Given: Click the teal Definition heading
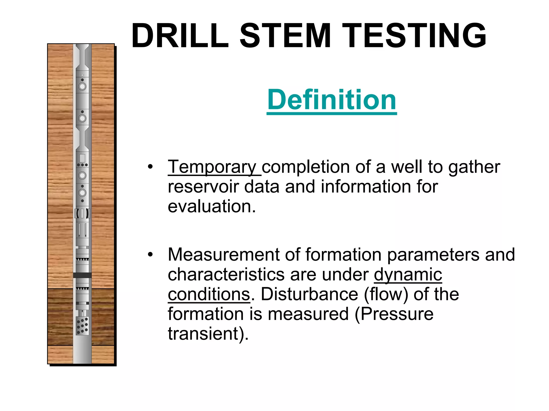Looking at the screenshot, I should (x=332, y=100).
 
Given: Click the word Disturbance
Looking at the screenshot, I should (x=309, y=294).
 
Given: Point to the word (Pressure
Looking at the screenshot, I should (x=394, y=314).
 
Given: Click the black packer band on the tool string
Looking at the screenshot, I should (x=82, y=275).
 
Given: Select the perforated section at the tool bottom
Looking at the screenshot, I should (x=82, y=326).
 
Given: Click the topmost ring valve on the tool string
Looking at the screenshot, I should (x=82, y=86).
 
